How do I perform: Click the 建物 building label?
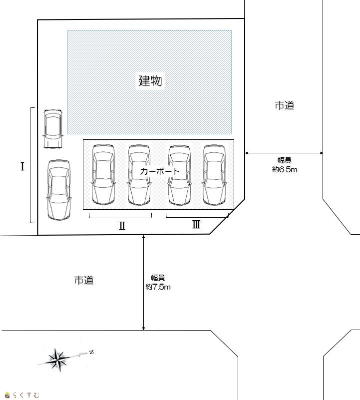click(150, 80)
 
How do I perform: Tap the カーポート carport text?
click(160, 171)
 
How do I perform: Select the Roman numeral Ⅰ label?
click(22, 167)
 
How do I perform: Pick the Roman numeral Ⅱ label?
click(122, 226)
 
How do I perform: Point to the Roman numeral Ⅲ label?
click(196, 224)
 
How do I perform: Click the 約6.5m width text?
click(285, 169)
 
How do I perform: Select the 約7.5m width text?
click(158, 287)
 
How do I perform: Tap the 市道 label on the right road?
click(285, 105)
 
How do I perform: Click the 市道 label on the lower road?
click(84, 280)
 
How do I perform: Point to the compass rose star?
click(58, 360)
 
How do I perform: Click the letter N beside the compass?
click(91, 352)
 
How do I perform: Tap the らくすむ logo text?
click(25, 395)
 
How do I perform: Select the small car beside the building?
click(53, 129)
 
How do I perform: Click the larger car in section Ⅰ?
click(59, 190)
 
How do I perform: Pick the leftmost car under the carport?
click(103, 175)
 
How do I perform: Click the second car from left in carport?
click(139, 175)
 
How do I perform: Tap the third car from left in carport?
click(180, 175)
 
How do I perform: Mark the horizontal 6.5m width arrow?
click(284, 153)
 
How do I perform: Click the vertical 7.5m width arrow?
click(144, 283)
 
